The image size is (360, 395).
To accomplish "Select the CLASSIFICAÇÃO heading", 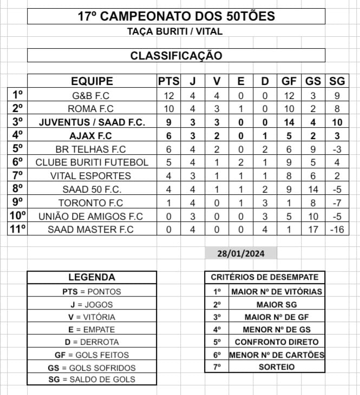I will click(x=176, y=56).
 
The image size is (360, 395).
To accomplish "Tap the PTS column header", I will click(x=169, y=82).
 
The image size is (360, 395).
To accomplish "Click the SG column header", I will click(x=337, y=82).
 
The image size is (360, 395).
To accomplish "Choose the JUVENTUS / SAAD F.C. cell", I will click(x=92, y=122).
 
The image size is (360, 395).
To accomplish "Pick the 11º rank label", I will click(x=17, y=229).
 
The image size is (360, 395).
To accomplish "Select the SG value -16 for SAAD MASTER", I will click(x=337, y=229).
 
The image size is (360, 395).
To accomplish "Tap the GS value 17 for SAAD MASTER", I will click(x=312, y=229).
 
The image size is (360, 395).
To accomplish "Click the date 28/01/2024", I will click(x=240, y=254).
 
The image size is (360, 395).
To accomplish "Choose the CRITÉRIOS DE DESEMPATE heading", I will click(x=264, y=278).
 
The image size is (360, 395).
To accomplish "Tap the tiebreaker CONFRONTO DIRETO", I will click(x=276, y=342).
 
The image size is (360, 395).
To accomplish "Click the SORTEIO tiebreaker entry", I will click(x=276, y=367).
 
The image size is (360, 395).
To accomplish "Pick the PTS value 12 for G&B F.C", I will click(x=169, y=95).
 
